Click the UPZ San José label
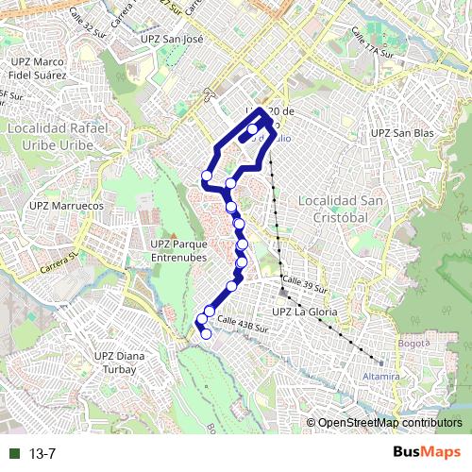pyautogui.click(x=171, y=40)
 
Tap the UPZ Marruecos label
pyautogui.click(x=59, y=204)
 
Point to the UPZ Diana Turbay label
pyautogui.click(x=116, y=362)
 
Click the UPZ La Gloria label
pyautogui.click(x=305, y=312)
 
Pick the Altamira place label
pyautogui.click(x=381, y=376)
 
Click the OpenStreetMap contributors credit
pyautogui.click(x=389, y=423)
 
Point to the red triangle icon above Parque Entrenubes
pyautogui.click(x=171, y=230)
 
